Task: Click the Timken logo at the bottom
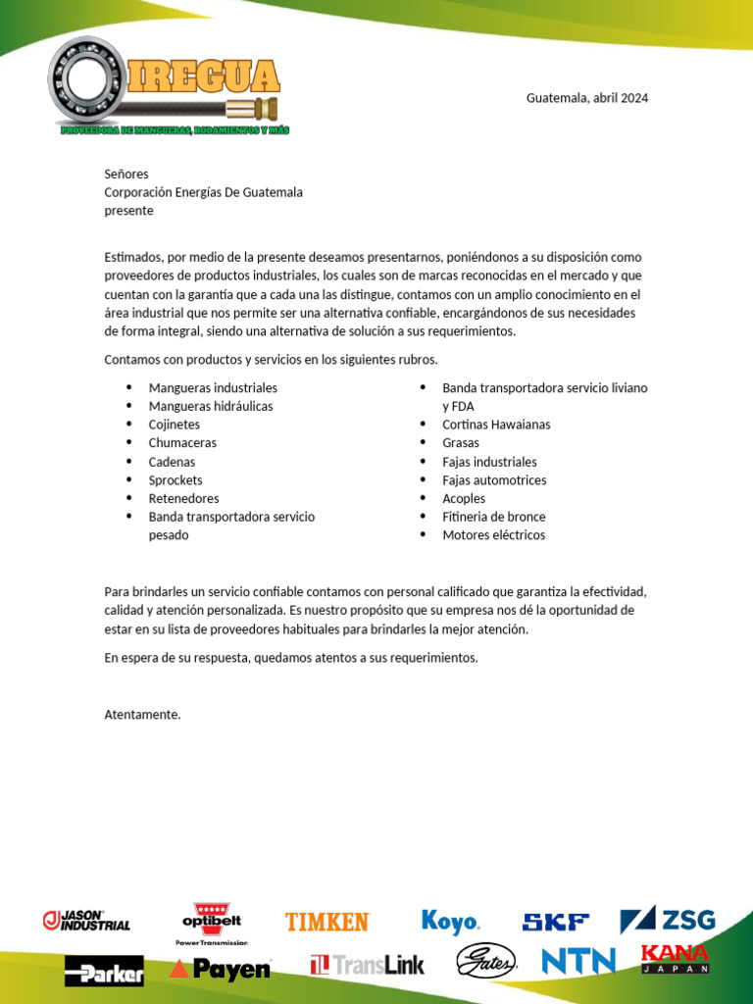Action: tap(326, 922)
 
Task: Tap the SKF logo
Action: tap(556, 922)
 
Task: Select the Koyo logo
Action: tap(450, 923)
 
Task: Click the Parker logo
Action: tap(104, 971)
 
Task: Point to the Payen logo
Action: tap(220, 969)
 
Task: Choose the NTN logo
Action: tap(578, 961)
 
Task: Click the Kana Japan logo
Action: tap(675, 958)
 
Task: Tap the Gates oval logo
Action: tap(486, 962)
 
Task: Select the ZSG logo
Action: tap(668, 920)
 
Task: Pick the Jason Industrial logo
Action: tap(86, 921)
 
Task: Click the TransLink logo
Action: tap(368, 965)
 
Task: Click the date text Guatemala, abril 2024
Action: tap(587, 98)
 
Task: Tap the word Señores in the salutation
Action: tap(126, 174)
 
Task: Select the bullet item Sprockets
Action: tap(176, 480)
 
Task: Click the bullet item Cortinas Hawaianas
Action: tap(496, 425)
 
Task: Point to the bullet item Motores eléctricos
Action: tap(493, 535)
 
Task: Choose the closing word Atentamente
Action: tap(143, 715)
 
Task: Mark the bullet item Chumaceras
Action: tap(182, 443)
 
